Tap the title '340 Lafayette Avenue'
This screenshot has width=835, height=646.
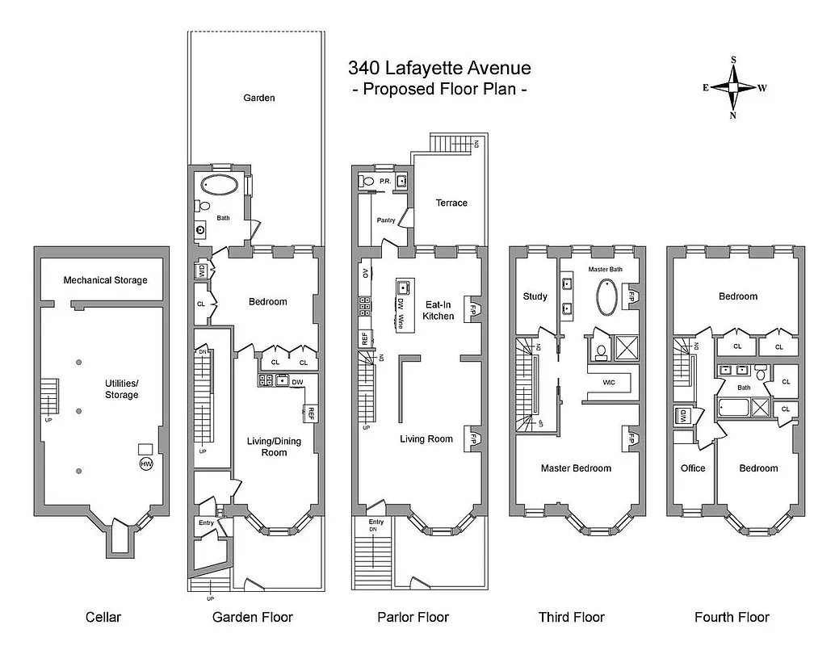coord(439,68)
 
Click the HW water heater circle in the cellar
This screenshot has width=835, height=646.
coord(146,464)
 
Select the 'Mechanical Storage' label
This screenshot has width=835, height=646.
coord(105,280)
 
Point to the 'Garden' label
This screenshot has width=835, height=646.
coord(259,98)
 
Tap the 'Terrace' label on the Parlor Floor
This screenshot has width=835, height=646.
coord(451,203)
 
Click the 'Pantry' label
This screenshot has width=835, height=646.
coord(385,220)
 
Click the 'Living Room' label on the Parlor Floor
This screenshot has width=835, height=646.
coord(426,439)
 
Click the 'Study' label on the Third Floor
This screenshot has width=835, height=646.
coord(535,296)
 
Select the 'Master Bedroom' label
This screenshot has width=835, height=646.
coord(576,468)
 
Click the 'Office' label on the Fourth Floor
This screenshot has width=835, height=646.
coord(693,468)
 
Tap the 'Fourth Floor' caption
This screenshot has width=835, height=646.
coord(732,617)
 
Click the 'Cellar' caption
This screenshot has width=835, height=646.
coord(103,617)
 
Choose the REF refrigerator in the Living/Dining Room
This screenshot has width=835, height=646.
coord(310,413)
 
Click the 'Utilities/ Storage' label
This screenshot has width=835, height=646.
coord(121,388)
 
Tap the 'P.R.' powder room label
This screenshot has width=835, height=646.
coord(385,182)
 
